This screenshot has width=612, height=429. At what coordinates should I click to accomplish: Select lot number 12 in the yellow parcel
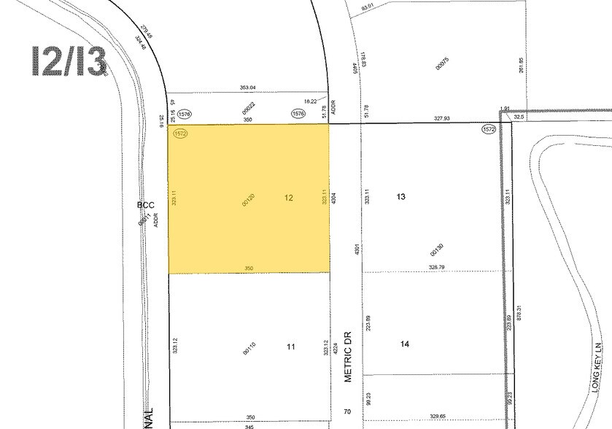click(x=289, y=198)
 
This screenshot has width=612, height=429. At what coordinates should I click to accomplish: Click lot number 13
click(x=400, y=197)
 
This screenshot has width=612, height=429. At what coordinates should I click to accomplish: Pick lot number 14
click(x=404, y=343)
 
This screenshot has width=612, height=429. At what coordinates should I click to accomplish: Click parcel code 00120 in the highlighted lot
click(x=249, y=200)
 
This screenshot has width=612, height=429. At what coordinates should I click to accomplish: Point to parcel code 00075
click(x=440, y=63)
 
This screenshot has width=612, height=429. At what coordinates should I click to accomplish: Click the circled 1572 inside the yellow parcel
click(x=181, y=134)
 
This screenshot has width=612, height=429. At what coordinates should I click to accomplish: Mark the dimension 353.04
click(x=248, y=88)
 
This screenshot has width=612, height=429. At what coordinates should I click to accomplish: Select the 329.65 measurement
click(x=438, y=416)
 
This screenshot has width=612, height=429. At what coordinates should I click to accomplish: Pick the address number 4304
click(x=333, y=196)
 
